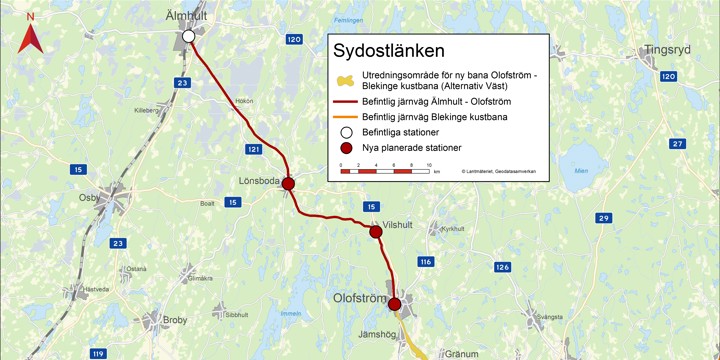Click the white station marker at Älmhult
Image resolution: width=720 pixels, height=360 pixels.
tap(188, 37)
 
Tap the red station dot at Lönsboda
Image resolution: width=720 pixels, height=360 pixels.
tap(288, 184)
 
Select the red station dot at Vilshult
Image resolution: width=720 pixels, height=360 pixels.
tap(375, 232)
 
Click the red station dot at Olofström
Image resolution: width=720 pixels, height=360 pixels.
tap(395, 304)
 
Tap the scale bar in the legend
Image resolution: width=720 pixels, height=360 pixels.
tap(384, 171)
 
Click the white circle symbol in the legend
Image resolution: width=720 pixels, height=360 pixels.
tap(344, 132)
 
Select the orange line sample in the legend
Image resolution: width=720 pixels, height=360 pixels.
tap(344, 117)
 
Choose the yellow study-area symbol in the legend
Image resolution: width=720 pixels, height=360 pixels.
tap(344, 80)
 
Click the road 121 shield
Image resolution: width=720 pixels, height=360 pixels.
tap(253, 149)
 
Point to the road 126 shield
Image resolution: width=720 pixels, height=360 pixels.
tap(502, 267)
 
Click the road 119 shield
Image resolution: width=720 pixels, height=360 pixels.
tap(97, 354)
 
